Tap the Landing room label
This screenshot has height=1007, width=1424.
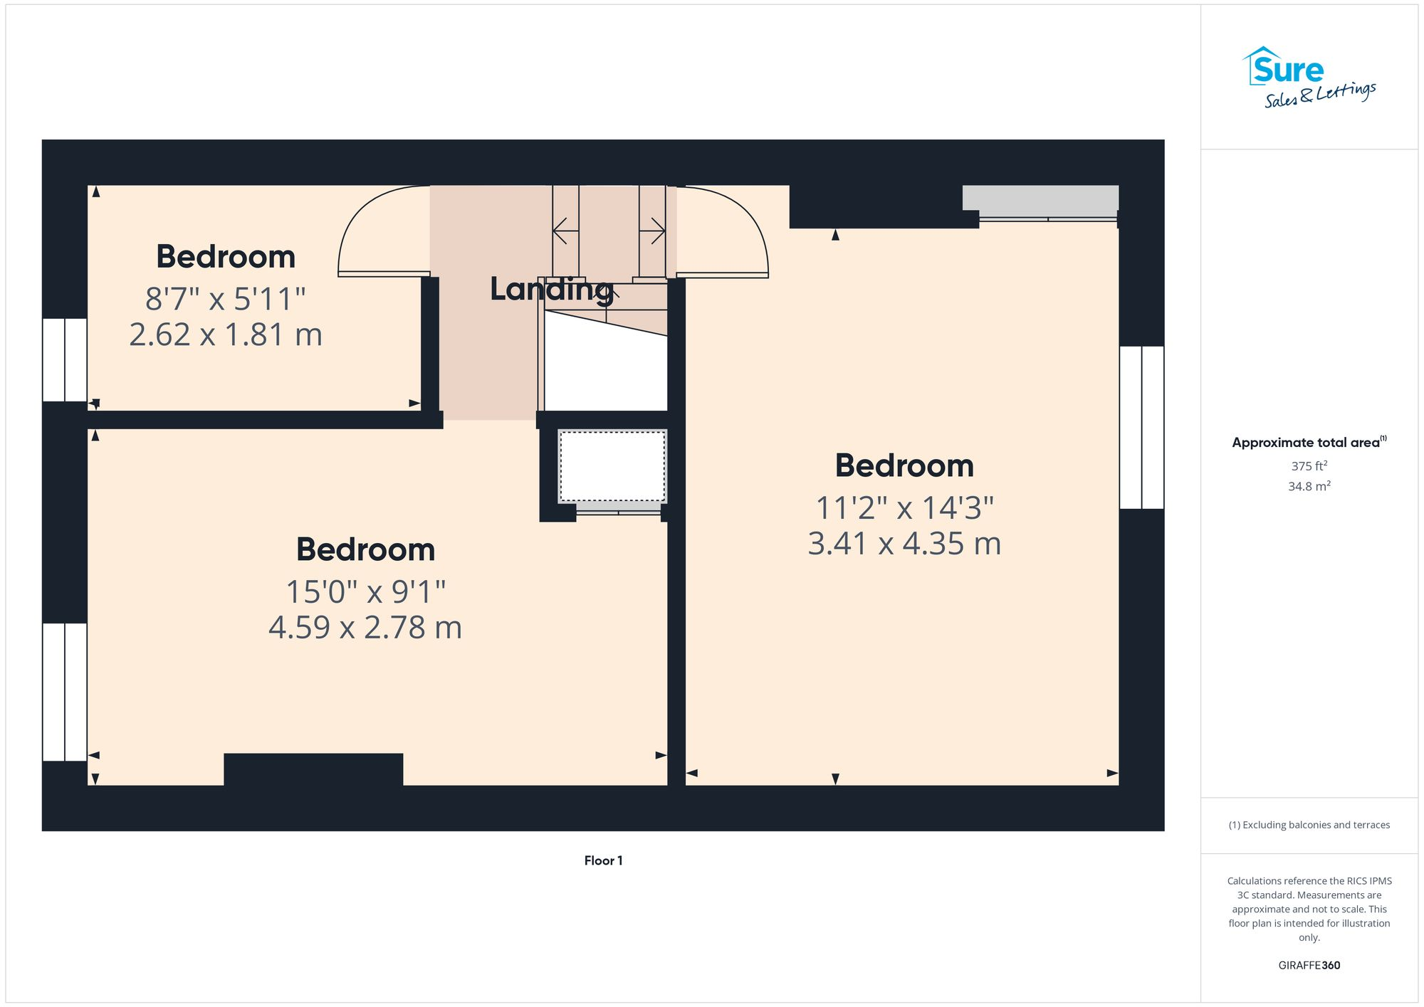[x=551, y=289]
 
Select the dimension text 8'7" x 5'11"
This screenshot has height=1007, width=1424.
[x=225, y=299]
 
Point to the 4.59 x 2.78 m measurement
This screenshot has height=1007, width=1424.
[x=365, y=627]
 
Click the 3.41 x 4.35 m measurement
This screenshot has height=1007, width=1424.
[x=904, y=544]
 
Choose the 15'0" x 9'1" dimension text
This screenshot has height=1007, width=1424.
[x=365, y=591]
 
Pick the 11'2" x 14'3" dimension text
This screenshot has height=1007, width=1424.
[x=904, y=508]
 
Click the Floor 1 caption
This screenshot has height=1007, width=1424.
[x=603, y=860]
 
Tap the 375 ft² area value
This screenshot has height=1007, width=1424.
[x=1309, y=466]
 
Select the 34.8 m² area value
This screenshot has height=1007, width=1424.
[x=1309, y=486]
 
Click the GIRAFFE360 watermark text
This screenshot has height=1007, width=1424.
[x=1309, y=965]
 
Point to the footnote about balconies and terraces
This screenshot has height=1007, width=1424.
[x=1309, y=825]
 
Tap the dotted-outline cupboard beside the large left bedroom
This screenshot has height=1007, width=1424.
[x=612, y=466]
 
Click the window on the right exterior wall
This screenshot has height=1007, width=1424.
[x=1141, y=427]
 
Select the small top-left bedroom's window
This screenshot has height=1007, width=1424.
[x=65, y=359]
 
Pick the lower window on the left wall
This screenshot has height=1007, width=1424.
[x=65, y=692]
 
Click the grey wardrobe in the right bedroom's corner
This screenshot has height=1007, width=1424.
[x=1040, y=197]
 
